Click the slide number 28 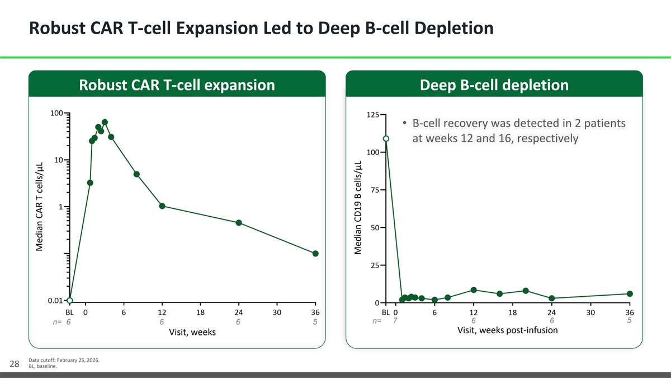pyautogui.click(x=17, y=364)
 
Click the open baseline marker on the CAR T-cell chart pyautogui.click(x=69, y=301)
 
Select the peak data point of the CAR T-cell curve pyautogui.click(x=105, y=122)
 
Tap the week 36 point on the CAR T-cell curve pyautogui.click(x=315, y=254)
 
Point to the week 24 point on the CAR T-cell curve pyautogui.click(x=239, y=223)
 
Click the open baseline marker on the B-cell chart pyautogui.click(x=386, y=139)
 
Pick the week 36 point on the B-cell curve pyautogui.click(x=630, y=294)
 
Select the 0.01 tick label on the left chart pyautogui.click(x=54, y=301)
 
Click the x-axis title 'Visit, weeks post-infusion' pyautogui.click(x=507, y=330)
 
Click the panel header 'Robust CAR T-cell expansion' pyautogui.click(x=177, y=85)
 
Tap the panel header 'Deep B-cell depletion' pyautogui.click(x=494, y=85)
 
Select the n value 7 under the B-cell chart pyautogui.click(x=395, y=321)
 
